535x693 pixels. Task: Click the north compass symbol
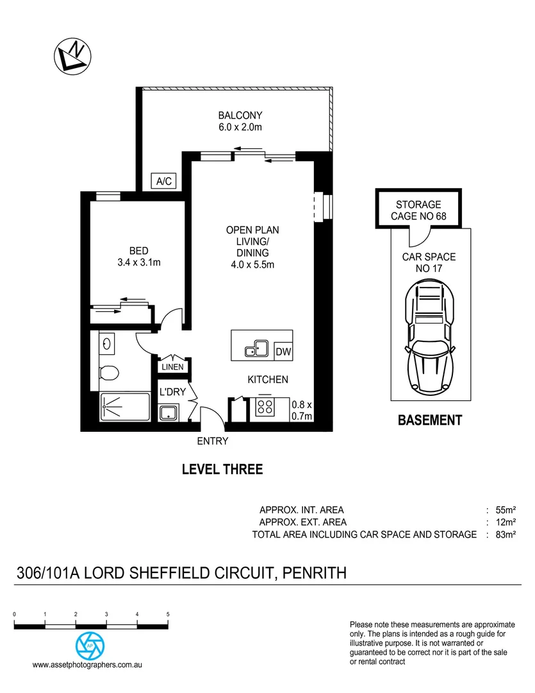(72, 56)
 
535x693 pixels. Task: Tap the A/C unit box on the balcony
(164, 181)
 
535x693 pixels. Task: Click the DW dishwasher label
(283, 352)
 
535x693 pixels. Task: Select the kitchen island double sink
(257, 348)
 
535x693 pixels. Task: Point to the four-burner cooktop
(265, 407)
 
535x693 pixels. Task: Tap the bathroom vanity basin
(106, 344)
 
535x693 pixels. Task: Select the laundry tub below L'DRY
(168, 413)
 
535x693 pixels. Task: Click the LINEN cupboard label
(172, 367)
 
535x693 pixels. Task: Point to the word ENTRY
(213, 441)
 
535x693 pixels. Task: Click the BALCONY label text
(240, 116)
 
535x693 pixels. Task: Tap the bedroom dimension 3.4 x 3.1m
(139, 262)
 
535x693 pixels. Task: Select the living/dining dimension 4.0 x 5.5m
(252, 265)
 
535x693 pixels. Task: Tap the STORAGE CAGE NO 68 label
(418, 210)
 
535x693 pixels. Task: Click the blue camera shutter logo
(90, 646)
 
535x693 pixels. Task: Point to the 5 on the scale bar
(168, 614)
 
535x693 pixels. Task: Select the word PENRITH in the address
(315, 573)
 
